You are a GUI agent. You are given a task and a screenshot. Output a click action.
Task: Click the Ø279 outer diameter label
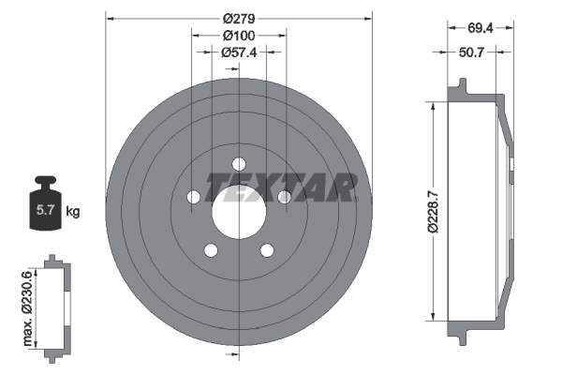[x=240, y=17]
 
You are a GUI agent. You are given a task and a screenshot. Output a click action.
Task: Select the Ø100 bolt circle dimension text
[x=240, y=35]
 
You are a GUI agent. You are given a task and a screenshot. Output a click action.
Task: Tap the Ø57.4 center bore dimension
[x=240, y=52]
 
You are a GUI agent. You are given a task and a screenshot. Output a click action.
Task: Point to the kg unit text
[x=73, y=212]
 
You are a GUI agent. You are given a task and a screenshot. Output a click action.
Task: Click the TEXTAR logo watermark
[x=281, y=186]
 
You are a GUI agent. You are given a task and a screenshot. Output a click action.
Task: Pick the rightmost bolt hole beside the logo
[x=284, y=196]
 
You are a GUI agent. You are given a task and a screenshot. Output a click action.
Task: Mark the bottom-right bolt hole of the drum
[x=267, y=249]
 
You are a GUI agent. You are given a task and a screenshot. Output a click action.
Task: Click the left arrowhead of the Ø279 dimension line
[x=110, y=17]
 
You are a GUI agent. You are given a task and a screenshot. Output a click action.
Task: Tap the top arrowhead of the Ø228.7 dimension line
[x=433, y=104]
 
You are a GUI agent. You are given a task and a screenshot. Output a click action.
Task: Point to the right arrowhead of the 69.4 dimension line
[x=513, y=29]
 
